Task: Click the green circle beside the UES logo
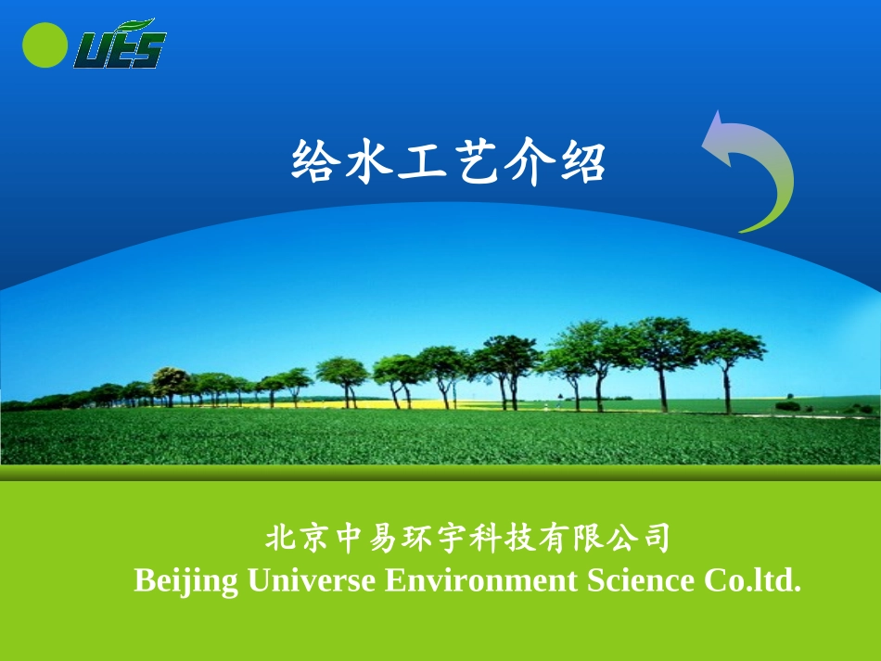click(x=45, y=44)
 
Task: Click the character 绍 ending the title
click(x=581, y=162)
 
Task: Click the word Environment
click(x=481, y=581)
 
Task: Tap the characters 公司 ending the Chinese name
click(x=639, y=538)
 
